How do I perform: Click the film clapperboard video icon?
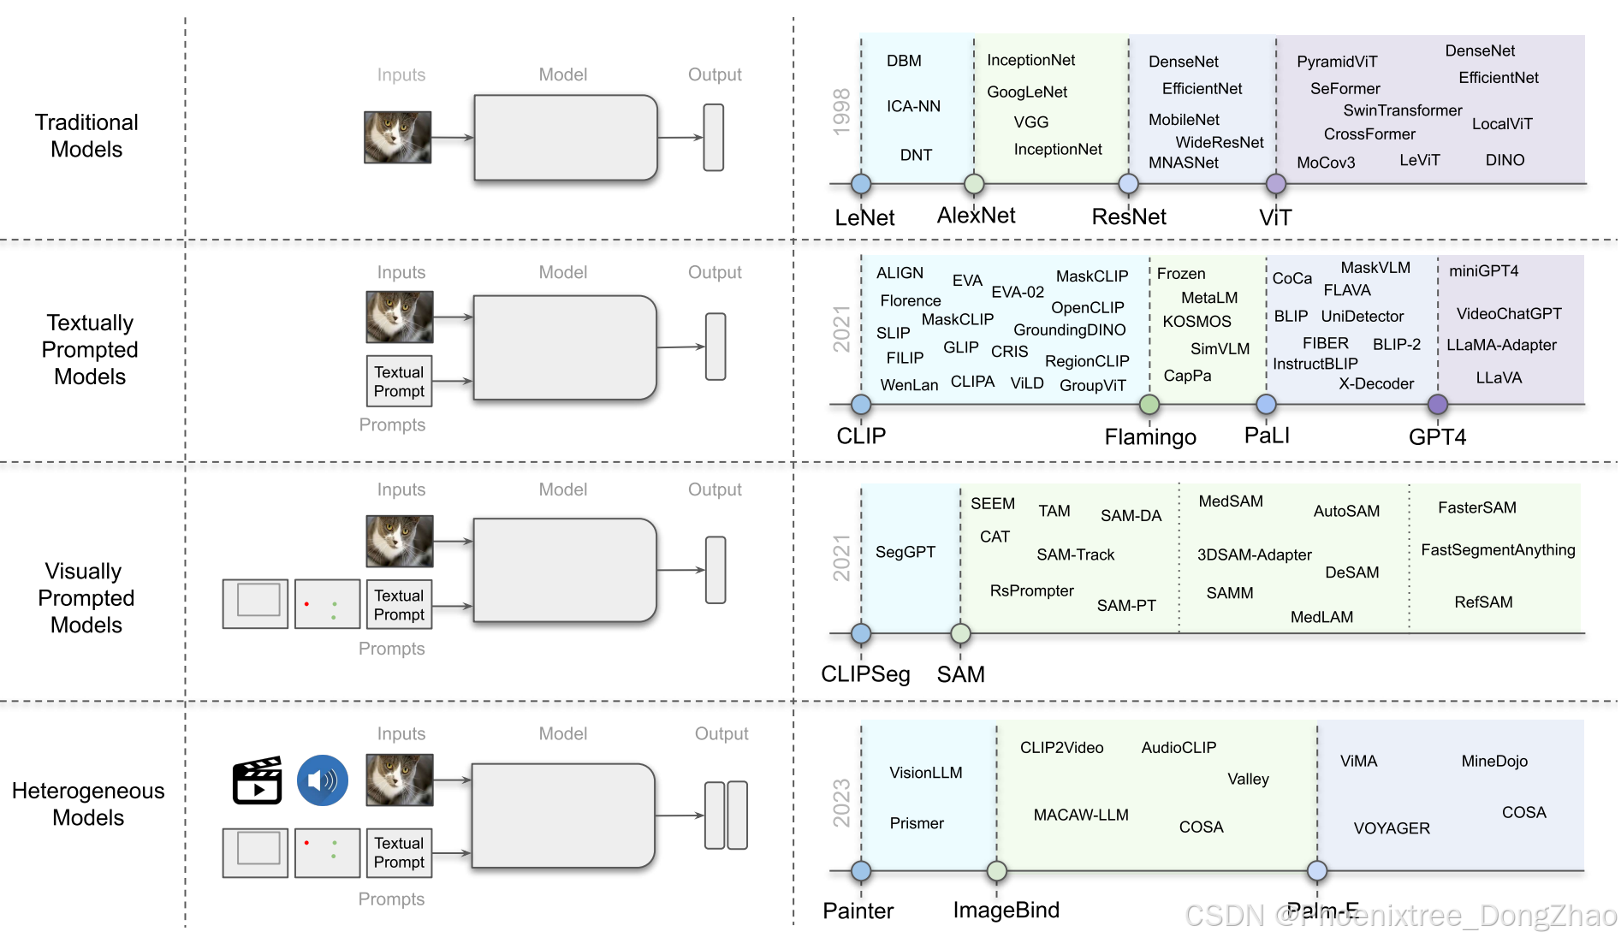tap(258, 780)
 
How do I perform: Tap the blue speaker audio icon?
tap(323, 780)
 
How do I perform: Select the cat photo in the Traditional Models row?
tap(398, 137)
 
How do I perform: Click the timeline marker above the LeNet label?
tap(861, 184)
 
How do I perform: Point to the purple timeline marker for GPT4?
tap(1438, 404)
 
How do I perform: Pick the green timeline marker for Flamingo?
tap(1149, 404)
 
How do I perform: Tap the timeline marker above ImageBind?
tap(997, 871)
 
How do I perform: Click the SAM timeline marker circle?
tap(960, 633)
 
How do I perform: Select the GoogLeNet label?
tap(1027, 92)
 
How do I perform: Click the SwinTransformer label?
tap(1402, 110)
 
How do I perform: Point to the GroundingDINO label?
tap(1069, 329)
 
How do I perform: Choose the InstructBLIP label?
tap(1315, 364)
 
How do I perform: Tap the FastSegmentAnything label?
tap(1498, 549)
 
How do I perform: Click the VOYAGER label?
tap(1392, 827)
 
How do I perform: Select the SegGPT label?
tap(906, 552)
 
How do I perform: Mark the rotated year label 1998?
tap(841, 111)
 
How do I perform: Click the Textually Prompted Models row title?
tap(90, 349)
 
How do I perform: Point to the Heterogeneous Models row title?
tap(88, 804)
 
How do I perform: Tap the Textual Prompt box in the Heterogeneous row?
tap(399, 852)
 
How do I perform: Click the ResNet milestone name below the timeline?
tap(1129, 216)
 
